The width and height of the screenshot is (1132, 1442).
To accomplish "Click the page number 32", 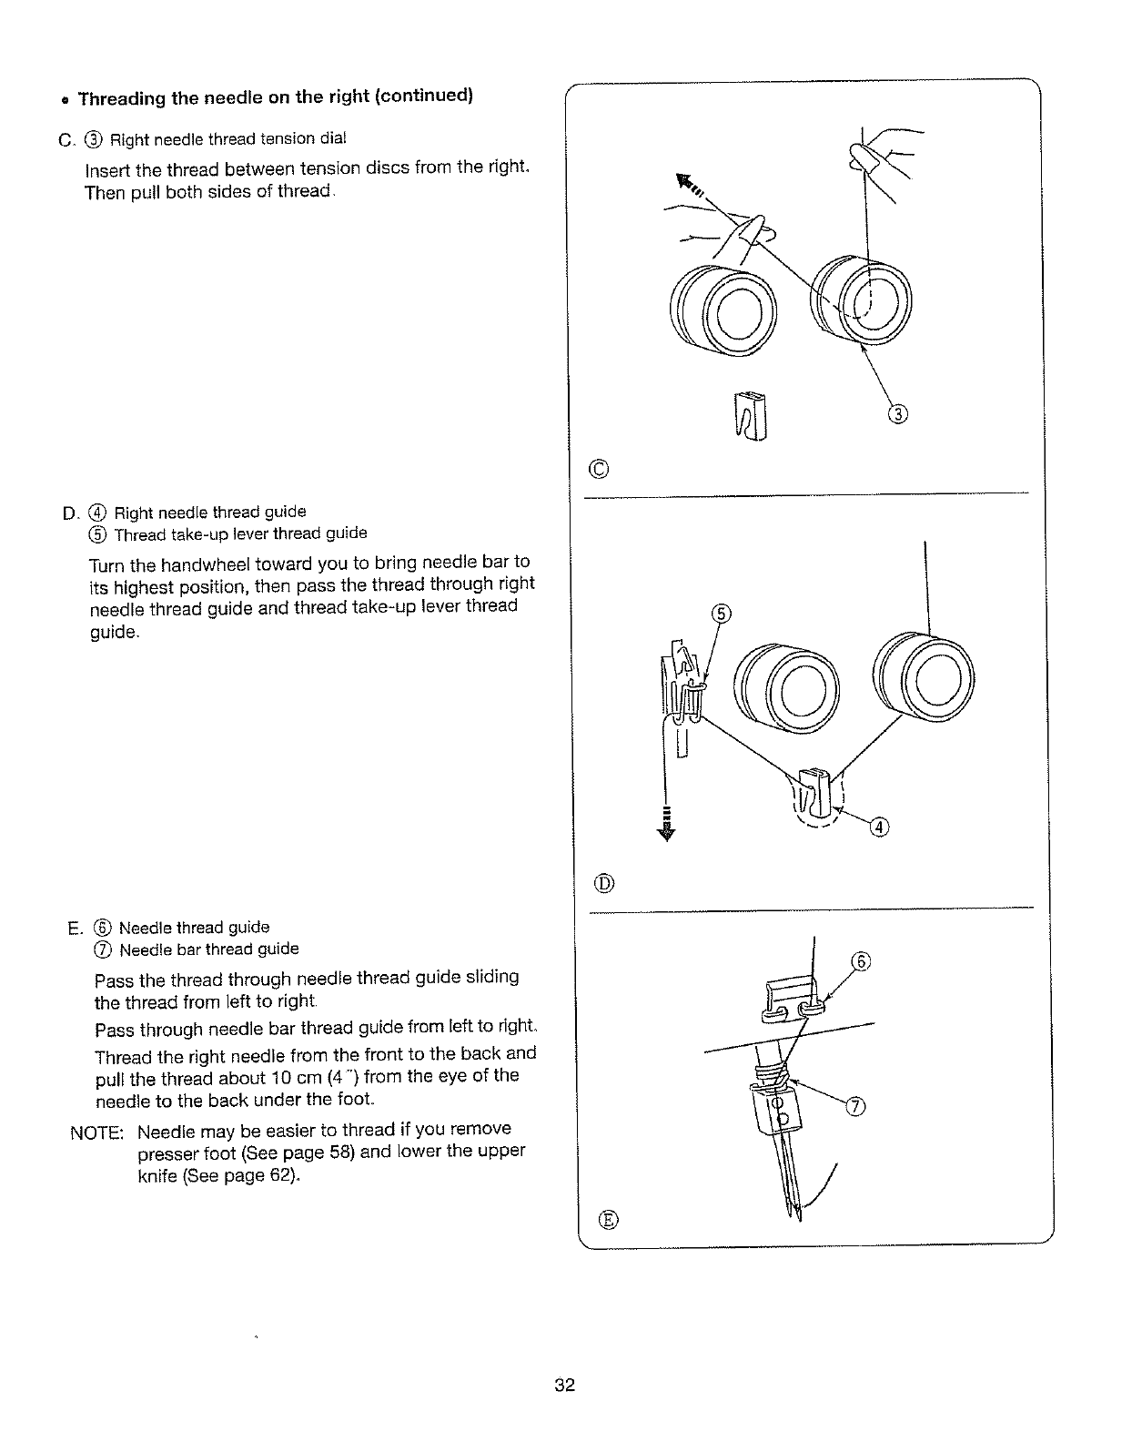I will coord(564,1386).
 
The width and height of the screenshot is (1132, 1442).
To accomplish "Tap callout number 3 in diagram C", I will coord(897,415).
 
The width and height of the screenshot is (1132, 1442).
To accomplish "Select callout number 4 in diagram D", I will coord(878,827).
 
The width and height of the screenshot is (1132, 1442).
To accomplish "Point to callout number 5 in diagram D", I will coord(719,613).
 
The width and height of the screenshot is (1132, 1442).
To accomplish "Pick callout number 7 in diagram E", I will coord(856,1106).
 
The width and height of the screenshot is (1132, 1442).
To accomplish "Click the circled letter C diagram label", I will coord(598,470).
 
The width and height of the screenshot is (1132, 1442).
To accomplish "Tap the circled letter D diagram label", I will coord(604,882).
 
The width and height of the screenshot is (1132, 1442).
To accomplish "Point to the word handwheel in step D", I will coord(168,562).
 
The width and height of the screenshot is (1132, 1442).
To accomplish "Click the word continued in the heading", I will coord(425,96).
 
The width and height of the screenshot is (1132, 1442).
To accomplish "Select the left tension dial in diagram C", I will coord(725,306).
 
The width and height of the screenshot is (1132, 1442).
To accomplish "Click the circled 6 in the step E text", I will coord(105,928).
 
